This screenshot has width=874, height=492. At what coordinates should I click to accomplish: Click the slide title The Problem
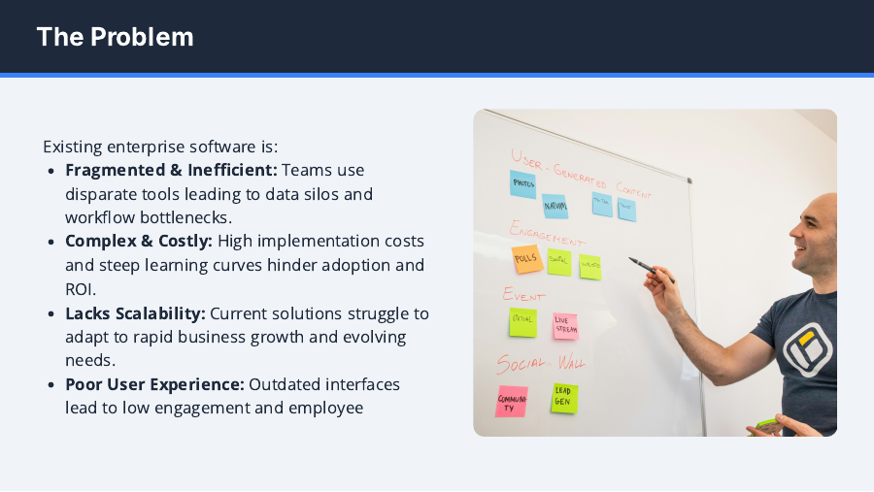pos(115,37)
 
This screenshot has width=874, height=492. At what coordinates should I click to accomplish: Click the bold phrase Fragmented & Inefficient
pos(171,170)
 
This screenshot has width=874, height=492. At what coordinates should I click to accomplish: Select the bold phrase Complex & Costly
pos(139,241)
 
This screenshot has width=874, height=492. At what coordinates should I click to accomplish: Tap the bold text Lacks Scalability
pos(135,312)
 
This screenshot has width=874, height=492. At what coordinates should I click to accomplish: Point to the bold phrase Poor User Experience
pos(154,384)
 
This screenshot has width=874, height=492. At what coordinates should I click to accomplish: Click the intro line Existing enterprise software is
pos(160,147)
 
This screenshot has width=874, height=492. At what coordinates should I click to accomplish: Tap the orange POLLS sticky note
pos(526,258)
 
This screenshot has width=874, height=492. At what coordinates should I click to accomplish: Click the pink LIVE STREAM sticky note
pos(565,326)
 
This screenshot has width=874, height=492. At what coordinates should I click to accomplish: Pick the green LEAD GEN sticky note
pos(564,397)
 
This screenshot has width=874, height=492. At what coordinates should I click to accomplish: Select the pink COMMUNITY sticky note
pos(512,401)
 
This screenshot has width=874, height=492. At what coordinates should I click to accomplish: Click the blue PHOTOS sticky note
pos(522,184)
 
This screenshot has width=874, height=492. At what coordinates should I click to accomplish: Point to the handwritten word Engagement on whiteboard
pos(547,233)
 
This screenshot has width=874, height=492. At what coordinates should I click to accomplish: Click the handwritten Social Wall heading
pos(541,364)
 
